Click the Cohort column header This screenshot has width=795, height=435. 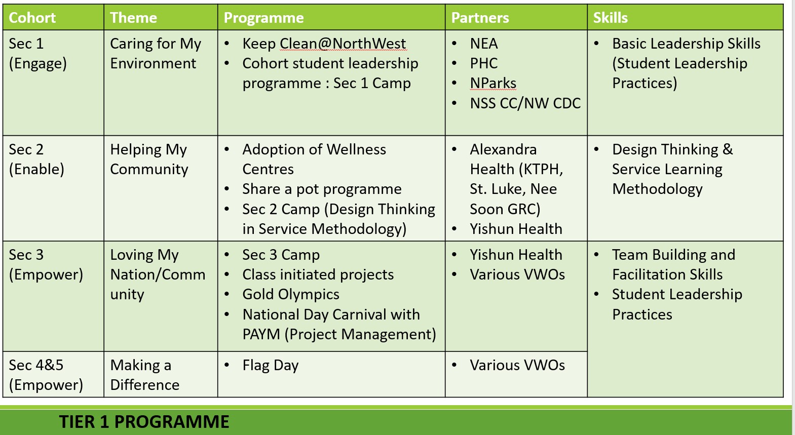pyautogui.click(x=32, y=18)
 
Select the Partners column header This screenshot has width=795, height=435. pyautogui.click(x=480, y=18)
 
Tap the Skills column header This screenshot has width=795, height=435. pyautogui.click(x=610, y=18)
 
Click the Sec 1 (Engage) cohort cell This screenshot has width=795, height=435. pyautogui.click(x=37, y=54)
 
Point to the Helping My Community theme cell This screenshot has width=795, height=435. pyautogui.click(x=149, y=159)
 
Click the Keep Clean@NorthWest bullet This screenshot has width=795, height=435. pyautogui.click(x=324, y=44)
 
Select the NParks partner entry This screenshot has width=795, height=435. pyautogui.click(x=493, y=83)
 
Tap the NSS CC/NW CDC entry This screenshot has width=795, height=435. pyautogui.click(x=525, y=103)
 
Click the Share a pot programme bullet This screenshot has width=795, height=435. pyautogui.click(x=322, y=189)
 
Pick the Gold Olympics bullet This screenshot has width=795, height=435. pyautogui.click(x=291, y=294)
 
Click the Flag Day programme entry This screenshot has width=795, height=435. pyautogui.click(x=271, y=365)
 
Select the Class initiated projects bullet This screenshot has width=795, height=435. pyautogui.click(x=318, y=274)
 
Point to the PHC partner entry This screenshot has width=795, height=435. pyautogui.click(x=483, y=63)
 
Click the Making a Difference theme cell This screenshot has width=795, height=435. pyautogui.click(x=144, y=375)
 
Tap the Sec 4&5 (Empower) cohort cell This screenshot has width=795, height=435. pyautogui.click(x=46, y=375)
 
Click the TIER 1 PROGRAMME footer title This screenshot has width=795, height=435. pyautogui.click(x=144, y=422)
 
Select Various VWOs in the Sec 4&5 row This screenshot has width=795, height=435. pyautogui.click(x=517, y=365)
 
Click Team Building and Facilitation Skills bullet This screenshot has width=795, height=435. pyautogui.click(x=673, y=264)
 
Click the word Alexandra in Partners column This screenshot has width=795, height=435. pyautogui.click(x=503, y=149)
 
